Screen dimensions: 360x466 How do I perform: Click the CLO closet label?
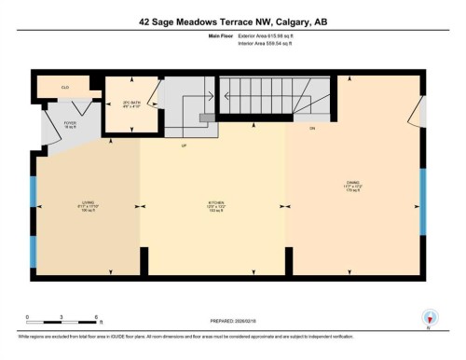coord(64,87)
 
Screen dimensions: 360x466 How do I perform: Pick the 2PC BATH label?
coord(119,104)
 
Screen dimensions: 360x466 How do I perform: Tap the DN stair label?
coord(312,126)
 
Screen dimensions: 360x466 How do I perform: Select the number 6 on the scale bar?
coord(96,317)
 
